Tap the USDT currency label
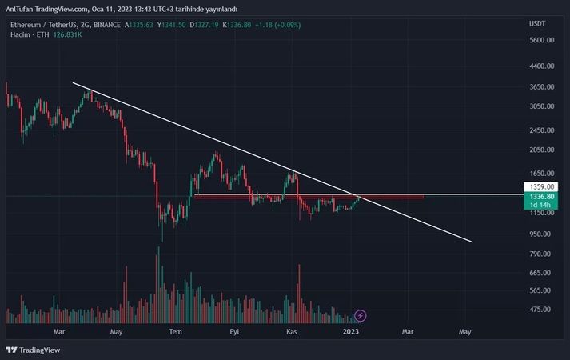pos(537,23)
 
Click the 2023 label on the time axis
pos(350,330)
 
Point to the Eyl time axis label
pos(234,330)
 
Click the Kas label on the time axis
pos(292,330)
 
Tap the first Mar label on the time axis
pos(58,330)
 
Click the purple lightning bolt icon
pos(361,316)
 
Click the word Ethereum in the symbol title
pos(25,24)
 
